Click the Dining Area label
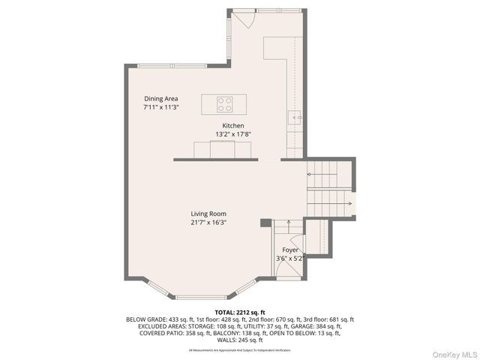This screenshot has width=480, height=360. click(161, 98)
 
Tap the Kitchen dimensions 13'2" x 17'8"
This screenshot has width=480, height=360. click(232, 134)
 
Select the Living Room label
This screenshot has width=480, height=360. click(208, 214)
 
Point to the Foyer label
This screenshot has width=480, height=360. click(290, 250)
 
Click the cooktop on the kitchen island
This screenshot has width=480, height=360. click(225, 104)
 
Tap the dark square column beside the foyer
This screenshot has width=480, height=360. click(265, 222)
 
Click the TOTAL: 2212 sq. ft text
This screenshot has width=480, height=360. click(240, 311)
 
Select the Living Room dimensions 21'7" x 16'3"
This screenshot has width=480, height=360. click(208, 222)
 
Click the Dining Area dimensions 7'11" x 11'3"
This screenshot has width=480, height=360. click(161, 107)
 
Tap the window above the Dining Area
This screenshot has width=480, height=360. click(172, 66)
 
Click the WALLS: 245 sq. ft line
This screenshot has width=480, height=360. click(240, 340)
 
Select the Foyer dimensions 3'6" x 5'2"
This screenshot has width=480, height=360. click(290, 259)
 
